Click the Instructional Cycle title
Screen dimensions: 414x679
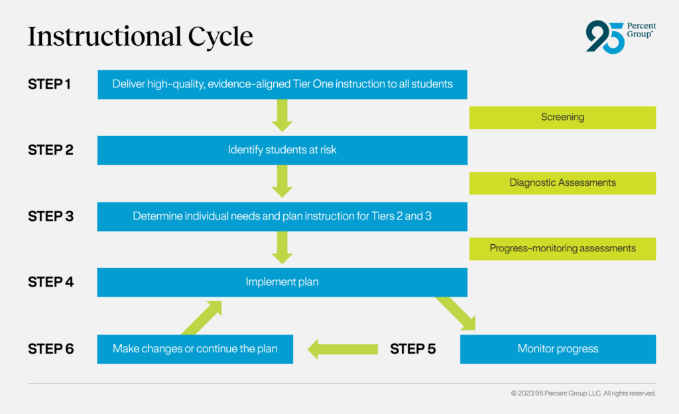pos(140,37)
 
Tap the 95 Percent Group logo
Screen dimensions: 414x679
pos(620,36)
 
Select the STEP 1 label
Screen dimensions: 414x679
pos(49,84)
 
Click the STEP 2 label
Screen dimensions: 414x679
pos(50,150)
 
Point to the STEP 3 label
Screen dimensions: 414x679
pos(50,216)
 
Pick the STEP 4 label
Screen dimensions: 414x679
pos(50,282)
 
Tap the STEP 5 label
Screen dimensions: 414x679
pos(412,349)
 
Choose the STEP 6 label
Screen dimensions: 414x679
pos(50,349)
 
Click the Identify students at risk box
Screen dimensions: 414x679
pos(282,150)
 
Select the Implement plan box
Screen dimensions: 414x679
pos(282,282)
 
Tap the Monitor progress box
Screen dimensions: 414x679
pos(558,349)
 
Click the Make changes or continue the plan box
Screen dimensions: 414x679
pos(195,349)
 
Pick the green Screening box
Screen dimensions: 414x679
pos(562,117)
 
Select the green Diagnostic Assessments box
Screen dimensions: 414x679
pos(562,183)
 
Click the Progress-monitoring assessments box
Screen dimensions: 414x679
pos(562,249)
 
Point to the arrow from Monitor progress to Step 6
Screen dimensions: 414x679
pos(342,349)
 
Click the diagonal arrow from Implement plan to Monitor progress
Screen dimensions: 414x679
pos(456,313)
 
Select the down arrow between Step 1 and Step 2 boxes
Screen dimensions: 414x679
pos(282,115)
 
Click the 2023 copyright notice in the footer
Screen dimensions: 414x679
pos(583,393)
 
